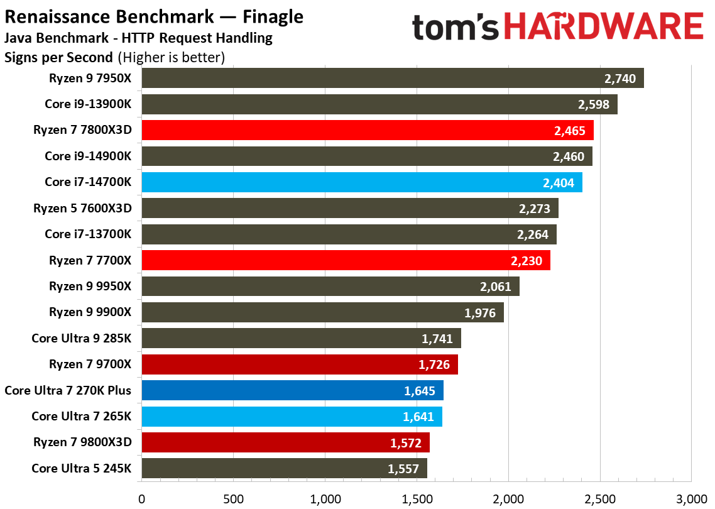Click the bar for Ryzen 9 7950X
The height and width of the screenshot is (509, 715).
tap(393, 79)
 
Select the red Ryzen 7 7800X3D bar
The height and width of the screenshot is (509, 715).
tap(368, 131)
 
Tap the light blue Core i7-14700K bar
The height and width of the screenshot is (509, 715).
tap(362, 182)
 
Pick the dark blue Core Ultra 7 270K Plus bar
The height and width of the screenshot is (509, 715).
tap(292, 390)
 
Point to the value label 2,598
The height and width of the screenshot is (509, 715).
tap(594, 104)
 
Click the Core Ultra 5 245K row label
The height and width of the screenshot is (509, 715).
tap(81, 468)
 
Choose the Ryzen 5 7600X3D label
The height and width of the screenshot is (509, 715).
tap(82, 208)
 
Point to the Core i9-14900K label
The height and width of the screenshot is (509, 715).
tap(88, 156)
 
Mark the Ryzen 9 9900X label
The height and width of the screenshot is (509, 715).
tap(90, 312)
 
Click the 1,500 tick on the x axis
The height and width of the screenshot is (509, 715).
tap(417, 499)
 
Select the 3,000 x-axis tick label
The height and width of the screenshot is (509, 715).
tap(691, 499)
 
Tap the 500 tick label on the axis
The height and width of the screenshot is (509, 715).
tap(233, 499)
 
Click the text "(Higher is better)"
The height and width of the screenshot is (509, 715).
tap(170, 58)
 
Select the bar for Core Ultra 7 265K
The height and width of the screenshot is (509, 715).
tap(292, 417)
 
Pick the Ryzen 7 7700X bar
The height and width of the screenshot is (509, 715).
tap(346, 260)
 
